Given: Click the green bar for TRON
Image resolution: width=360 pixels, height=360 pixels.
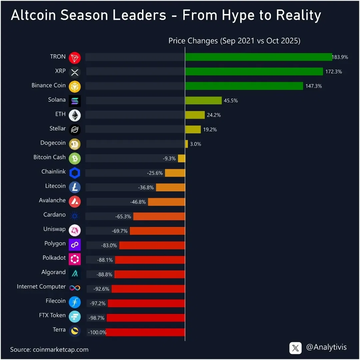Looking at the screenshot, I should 258,57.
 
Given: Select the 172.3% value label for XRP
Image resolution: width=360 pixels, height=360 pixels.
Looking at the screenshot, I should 334,72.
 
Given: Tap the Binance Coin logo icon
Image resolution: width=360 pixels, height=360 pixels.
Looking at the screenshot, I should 75,86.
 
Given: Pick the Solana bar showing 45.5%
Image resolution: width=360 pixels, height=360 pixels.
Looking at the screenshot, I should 203,100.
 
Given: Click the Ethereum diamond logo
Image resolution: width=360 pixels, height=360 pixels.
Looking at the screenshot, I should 75,115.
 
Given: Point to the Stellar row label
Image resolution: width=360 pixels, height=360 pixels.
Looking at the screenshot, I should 58,128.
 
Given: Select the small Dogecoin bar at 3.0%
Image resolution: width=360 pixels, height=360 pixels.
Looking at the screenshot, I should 186,144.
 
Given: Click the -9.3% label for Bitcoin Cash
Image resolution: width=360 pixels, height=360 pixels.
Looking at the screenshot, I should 169,159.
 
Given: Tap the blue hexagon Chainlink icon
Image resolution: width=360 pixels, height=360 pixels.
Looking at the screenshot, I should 75,173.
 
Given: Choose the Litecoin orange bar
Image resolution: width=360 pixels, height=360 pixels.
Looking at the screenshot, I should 170,187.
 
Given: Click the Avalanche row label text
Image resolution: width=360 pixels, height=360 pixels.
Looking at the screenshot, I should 52,200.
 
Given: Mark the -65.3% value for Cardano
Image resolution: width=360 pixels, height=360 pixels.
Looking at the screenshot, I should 123,216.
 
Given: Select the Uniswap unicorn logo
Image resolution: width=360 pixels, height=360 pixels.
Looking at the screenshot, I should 75,230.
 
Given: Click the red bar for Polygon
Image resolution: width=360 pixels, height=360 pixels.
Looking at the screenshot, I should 152,245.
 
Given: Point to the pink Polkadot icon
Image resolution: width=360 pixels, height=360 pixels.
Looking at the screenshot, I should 75,259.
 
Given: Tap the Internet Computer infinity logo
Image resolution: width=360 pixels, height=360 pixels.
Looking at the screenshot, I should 75,288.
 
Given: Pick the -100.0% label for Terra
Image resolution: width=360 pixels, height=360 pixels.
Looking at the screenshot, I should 97,332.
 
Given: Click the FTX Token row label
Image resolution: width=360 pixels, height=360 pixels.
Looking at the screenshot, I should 52,315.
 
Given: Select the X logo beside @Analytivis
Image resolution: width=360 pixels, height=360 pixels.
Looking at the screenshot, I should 295,348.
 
